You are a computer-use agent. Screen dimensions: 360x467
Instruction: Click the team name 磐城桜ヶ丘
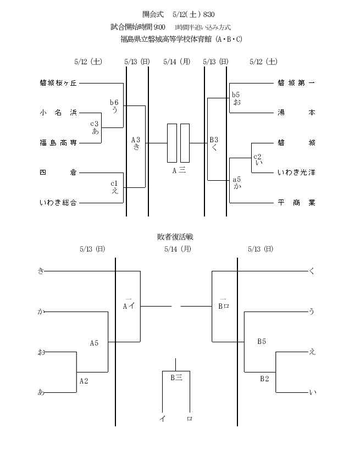tap(58, 83)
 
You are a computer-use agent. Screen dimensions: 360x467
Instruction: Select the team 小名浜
tap(58, 113)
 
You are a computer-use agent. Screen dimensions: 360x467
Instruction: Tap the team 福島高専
tap(58, 143)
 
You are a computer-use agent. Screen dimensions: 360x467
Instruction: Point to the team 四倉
tap(58, 173)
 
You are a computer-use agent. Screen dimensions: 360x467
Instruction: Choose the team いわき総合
tap(58, 203)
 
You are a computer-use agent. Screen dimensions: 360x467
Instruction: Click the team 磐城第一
tap(296, 83)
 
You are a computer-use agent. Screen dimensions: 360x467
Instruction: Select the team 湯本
tap(296, 113)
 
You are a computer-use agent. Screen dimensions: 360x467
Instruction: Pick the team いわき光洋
tap(296, 173)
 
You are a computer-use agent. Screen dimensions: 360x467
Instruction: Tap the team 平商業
tap(296, 203)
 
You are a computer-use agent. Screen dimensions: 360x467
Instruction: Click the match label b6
tap(114, 102)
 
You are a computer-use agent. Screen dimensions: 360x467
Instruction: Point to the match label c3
tap(95, 124)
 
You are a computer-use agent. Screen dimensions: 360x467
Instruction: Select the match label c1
tap(114, 184)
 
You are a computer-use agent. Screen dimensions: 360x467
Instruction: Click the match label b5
tap(236, 94)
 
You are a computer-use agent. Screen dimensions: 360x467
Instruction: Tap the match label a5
tap(237, 180)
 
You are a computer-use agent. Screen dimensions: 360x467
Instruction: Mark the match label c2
tap(257, 157)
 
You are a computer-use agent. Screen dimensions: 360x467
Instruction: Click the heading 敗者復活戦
tap(175, 237)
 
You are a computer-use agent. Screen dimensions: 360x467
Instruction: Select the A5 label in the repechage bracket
tap(94, 343)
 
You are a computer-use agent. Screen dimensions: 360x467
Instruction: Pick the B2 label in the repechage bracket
tap(264, 379)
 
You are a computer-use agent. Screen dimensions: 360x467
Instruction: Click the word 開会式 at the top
tap(153, 14)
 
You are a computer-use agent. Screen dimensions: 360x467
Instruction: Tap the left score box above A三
tap(172, 143)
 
